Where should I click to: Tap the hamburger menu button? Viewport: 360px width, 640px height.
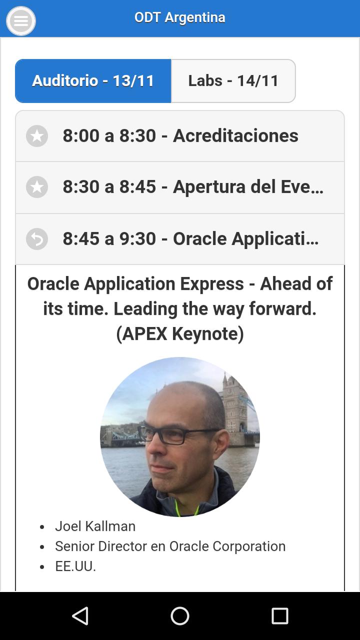click(21, 21)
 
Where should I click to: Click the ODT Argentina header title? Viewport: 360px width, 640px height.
click(179, 17)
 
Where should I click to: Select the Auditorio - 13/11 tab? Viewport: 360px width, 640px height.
click(93, 81)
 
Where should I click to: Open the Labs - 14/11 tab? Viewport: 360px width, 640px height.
click(233, 81)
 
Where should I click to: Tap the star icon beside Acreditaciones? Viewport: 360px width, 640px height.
click(37, 136)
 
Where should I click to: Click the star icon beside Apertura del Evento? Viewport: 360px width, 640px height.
click(37, 187)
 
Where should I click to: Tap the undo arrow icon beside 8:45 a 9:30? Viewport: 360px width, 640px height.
click(37, 239)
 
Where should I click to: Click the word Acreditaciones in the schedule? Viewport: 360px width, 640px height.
click(235, 135)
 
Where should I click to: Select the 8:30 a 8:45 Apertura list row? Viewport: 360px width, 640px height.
click(180, 187)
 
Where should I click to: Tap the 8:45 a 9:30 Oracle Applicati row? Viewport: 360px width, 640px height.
click(180, 239)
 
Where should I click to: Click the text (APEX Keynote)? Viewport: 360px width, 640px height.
click(180, 333)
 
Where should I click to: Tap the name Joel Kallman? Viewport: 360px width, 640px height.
click(95, 526)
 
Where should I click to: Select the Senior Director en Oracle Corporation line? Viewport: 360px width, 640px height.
click(170, 546)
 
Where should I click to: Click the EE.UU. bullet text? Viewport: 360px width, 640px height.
click(75, 566)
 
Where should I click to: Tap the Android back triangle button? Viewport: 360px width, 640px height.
click(80, 615)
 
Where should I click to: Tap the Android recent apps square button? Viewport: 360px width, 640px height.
click(279, 615)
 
